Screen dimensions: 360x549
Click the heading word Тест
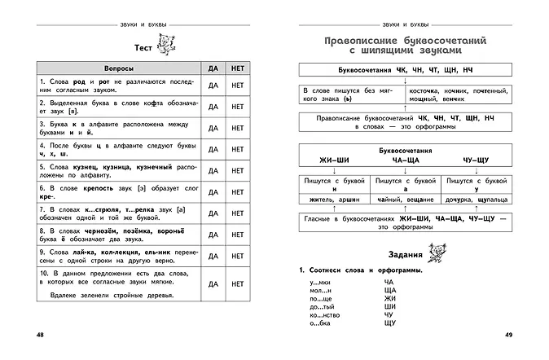(145, 47)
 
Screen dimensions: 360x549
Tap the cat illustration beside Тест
(169, 46)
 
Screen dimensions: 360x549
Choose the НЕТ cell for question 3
(239, 129)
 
